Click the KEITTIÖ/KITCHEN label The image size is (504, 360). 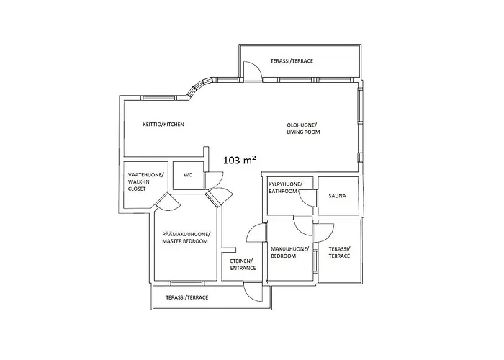[163, 125]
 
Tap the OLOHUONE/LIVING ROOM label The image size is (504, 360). [303, 129]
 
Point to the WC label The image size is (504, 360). [188, 175]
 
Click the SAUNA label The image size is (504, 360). [337, 195]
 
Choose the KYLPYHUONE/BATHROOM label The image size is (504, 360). [286, 189]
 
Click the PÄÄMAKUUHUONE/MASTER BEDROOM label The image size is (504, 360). [185, 238]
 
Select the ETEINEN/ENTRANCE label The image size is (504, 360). [243, 264]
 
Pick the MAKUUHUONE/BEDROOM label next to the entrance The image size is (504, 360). [289, 252]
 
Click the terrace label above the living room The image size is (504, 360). [292, 61]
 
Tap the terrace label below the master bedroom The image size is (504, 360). [186, 297]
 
